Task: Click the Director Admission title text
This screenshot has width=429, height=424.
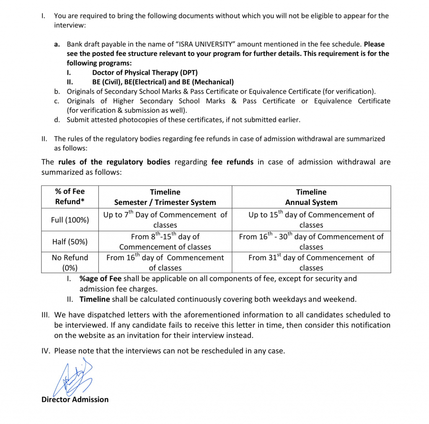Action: coord(75,399)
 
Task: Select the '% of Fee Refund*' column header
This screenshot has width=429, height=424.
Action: coord(70,197)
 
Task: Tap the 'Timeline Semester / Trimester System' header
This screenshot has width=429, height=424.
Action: coord(165,197)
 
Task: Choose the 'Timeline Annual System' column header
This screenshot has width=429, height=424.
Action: coord(311,197)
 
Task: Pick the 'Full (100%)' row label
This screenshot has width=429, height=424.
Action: coord(70,220)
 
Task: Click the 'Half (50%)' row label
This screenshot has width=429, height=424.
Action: coord(70,242)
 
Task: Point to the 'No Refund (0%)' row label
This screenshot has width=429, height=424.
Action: coord(70,263)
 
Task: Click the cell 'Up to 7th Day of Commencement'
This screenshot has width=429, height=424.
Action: coord(165,220)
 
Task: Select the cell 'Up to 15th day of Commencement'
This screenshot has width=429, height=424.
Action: coord(311,220)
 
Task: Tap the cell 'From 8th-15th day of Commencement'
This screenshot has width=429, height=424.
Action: coord(165,242)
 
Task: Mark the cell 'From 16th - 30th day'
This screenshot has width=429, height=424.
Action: coord(311,242)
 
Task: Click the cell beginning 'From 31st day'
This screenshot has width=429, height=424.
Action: coord(311,263)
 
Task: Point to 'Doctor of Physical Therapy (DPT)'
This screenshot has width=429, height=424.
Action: coord(145,73)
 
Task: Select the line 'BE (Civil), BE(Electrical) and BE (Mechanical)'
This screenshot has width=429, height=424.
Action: coord(163,82)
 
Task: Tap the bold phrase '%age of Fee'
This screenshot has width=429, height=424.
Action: coord(98,278)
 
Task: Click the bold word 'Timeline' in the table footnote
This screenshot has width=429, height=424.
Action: coord(95,299)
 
